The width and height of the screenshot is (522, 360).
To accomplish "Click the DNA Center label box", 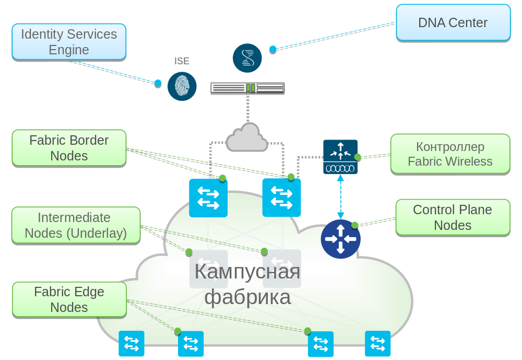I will [x=453, y=22].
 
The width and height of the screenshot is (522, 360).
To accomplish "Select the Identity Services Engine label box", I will [x=69, y=42].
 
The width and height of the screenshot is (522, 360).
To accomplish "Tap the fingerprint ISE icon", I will [x=182, y=86].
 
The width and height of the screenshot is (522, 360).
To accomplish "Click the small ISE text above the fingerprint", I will [x=182, y=62].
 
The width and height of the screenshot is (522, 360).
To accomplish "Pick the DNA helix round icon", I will [x=247, y=57].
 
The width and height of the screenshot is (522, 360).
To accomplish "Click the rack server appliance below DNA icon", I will [x=247, y=88].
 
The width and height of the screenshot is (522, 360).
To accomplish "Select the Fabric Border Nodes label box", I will [x=69, y=148].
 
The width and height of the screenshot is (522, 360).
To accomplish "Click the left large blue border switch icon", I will [x=208, y=198].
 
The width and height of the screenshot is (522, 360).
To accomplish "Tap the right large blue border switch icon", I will [x=282, y=198].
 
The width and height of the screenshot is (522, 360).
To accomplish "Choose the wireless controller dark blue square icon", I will [x=340, y=157].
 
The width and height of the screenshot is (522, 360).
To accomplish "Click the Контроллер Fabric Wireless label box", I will [x=450, y=154].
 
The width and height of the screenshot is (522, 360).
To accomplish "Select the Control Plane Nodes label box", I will [x=453, y=217].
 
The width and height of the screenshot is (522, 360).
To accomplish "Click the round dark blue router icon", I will [x=340, y=239].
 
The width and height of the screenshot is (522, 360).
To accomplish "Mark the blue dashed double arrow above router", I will [x=340, y=197].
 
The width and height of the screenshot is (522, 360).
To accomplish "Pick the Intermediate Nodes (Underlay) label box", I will [x=76, y=225].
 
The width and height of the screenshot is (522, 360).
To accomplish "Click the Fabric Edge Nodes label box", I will [x=69, y=299].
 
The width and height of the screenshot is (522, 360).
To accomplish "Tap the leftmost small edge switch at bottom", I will [x=131, y=343].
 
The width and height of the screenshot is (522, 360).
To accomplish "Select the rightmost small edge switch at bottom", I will [x=377, y=343].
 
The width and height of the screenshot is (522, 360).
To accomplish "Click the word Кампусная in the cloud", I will [x=247, y=272].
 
